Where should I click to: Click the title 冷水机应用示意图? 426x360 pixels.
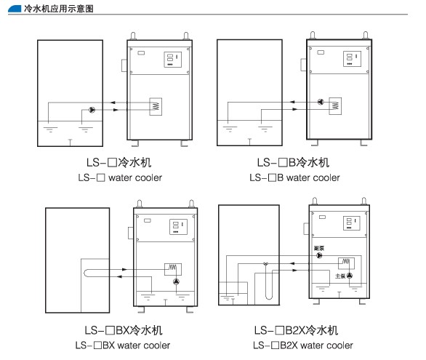[x=58, y=9]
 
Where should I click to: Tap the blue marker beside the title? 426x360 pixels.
[x=15, y=9]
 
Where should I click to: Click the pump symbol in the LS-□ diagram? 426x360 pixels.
[x=92, y=110]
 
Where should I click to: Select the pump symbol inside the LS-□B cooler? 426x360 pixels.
[x=321, y=102]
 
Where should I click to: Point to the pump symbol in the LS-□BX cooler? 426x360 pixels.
[x=177, y=281]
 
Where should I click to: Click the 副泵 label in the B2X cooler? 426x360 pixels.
[x=319, y=248]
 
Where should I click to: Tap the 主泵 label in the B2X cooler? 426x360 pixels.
[x=340, y=276]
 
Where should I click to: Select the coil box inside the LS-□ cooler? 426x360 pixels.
[x=156, y=106]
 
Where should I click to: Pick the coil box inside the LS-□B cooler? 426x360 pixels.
[x=335, y=106]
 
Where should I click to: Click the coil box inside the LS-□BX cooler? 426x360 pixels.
[x=173, y=269]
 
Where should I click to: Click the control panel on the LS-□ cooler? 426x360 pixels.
[x=172, y=60]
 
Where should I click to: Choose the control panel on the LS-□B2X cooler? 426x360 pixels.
[x=352, y=223]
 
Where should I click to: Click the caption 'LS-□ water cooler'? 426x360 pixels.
[x=120, y=177]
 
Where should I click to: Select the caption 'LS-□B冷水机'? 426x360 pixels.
[x=293, y=162]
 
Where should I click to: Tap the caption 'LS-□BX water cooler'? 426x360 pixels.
[x=123, y=345]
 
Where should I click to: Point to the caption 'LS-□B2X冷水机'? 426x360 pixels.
[x=296, y=330]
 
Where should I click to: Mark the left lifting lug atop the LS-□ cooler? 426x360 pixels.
[x=133, y=36]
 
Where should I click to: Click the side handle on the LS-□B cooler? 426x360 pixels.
[x=303, y=65]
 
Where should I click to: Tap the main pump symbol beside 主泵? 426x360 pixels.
[x=350, y=276]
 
